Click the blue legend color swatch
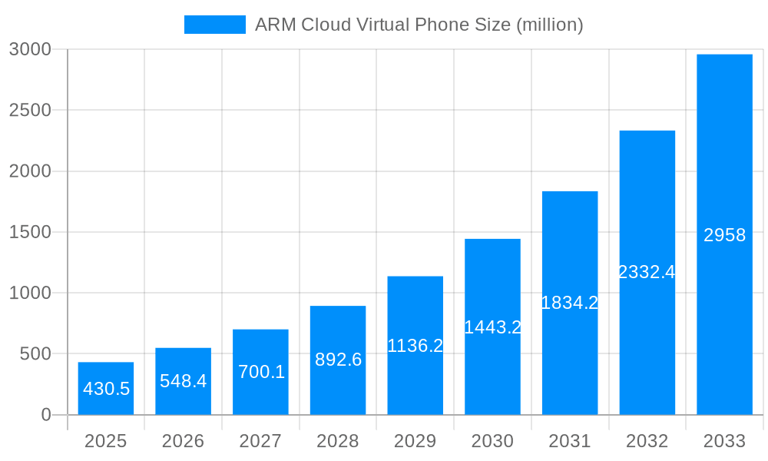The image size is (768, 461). [x=214, y=25]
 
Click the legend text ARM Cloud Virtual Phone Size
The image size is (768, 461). [x=419, y=25]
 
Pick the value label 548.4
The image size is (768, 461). [x=184, y=381]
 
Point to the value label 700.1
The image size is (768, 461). [x=261, y=372]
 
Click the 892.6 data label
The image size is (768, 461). [x=338, y=360]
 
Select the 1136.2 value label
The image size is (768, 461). [x=415, y=346]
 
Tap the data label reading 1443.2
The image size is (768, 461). [x=492, y=327]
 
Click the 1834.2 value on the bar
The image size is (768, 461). [x=570, y=303]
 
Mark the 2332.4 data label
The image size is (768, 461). [x=647, y=272]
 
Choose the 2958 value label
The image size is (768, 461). [x=724, y=235]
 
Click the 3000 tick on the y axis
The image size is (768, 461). [x=30, y=49]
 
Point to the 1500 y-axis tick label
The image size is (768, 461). [x=30, y=232]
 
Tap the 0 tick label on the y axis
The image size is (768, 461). [x=45, y=415]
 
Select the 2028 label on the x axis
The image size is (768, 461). [x=338, y=441]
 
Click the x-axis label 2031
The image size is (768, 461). [x=570, y=441]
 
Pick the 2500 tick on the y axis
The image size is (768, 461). [x=30, y=110]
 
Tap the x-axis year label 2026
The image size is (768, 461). [x=184, y=441]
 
